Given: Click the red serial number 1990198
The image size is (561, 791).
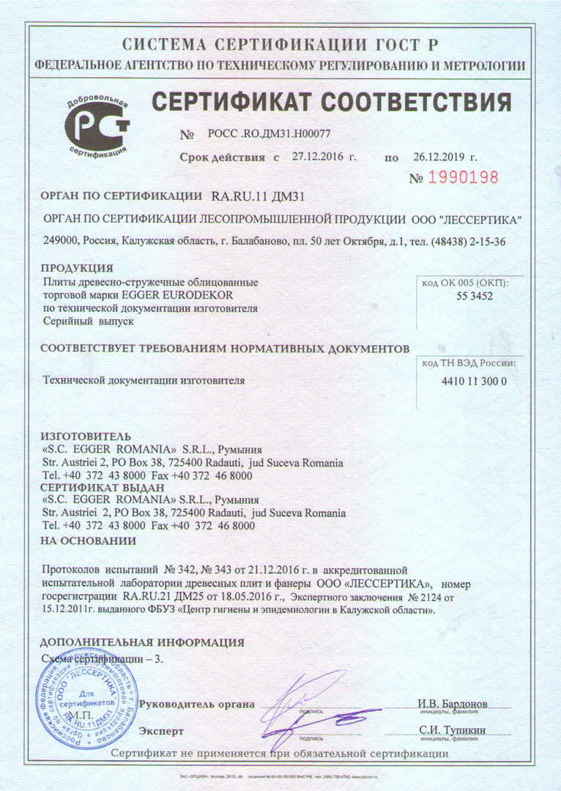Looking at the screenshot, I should click(x=463, y=177).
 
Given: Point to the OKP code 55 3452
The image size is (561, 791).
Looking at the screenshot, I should click(x=474, y=296).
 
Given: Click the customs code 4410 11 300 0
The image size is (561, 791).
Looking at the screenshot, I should click(x=474, y=382).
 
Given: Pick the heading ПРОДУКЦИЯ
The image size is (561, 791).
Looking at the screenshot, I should click(x=76, y=268).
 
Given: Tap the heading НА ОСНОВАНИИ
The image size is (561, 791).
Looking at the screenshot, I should click(x=88, y=541).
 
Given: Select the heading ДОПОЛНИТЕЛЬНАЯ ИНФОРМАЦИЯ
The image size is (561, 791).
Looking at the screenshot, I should click(x=142, y=642).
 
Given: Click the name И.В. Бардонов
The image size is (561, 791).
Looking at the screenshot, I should click(x=453, y=705).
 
